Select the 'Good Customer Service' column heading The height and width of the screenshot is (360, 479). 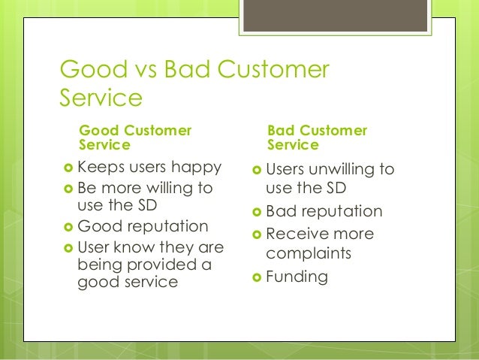point(135,138)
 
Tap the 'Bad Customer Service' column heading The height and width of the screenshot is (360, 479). point(317,138)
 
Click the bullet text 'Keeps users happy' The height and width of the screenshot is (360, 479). point(149,167)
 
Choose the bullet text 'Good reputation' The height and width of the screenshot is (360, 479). point(143,226)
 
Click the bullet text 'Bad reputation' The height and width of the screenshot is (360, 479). point(324,211)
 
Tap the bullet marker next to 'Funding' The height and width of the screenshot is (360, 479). point(257,277)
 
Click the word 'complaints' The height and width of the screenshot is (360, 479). point(309,253)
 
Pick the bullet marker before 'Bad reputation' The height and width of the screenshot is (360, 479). point(257,212)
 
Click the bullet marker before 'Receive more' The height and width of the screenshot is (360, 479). point(257,234)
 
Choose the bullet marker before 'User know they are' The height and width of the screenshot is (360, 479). point(68,247)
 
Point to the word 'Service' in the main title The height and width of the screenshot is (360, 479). point(101,98)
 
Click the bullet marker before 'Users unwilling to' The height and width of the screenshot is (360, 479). point(257,170)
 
